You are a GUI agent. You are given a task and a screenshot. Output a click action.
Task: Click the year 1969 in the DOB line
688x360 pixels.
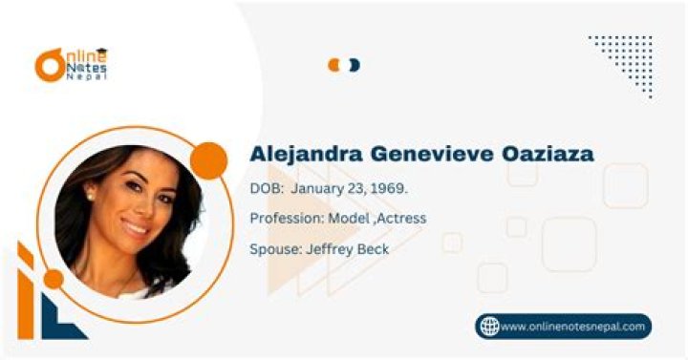[x=389, y=189]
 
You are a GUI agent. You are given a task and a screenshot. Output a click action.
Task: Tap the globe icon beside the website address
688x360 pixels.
[x=488, y=327]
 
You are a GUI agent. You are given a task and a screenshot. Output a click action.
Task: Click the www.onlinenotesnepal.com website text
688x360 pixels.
[x=573, y=327]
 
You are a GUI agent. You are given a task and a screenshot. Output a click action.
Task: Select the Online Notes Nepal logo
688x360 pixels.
[x=72, y=64]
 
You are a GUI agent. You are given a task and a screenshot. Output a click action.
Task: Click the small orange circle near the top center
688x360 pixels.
[x=334, y=65]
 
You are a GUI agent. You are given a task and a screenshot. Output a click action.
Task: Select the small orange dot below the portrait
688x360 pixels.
[x=54, y=279]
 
